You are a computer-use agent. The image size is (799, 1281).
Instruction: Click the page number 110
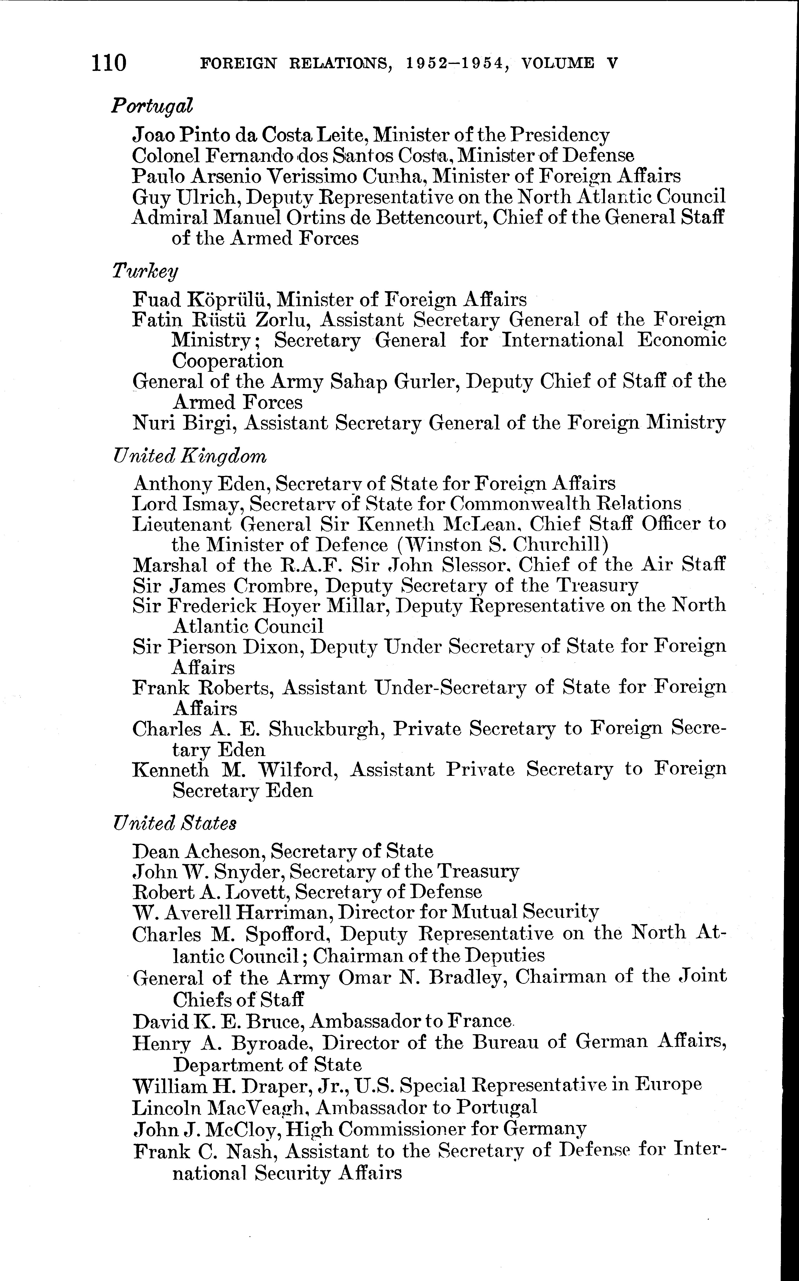109,63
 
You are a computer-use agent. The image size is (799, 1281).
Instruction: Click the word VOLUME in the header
557,63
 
